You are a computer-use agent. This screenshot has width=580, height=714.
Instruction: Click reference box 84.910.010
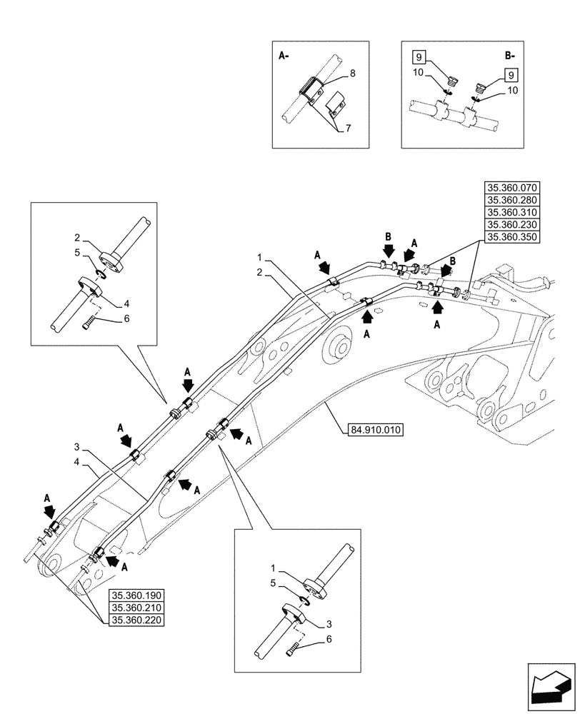(376, 430)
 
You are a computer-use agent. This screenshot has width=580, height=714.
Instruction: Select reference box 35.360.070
(512, 188)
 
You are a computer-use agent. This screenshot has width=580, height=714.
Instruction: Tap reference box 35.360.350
(512, 238)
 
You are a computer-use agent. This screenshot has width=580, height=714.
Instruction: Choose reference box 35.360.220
(136, 620)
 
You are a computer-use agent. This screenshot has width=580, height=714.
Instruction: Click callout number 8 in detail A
(353, 73)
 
